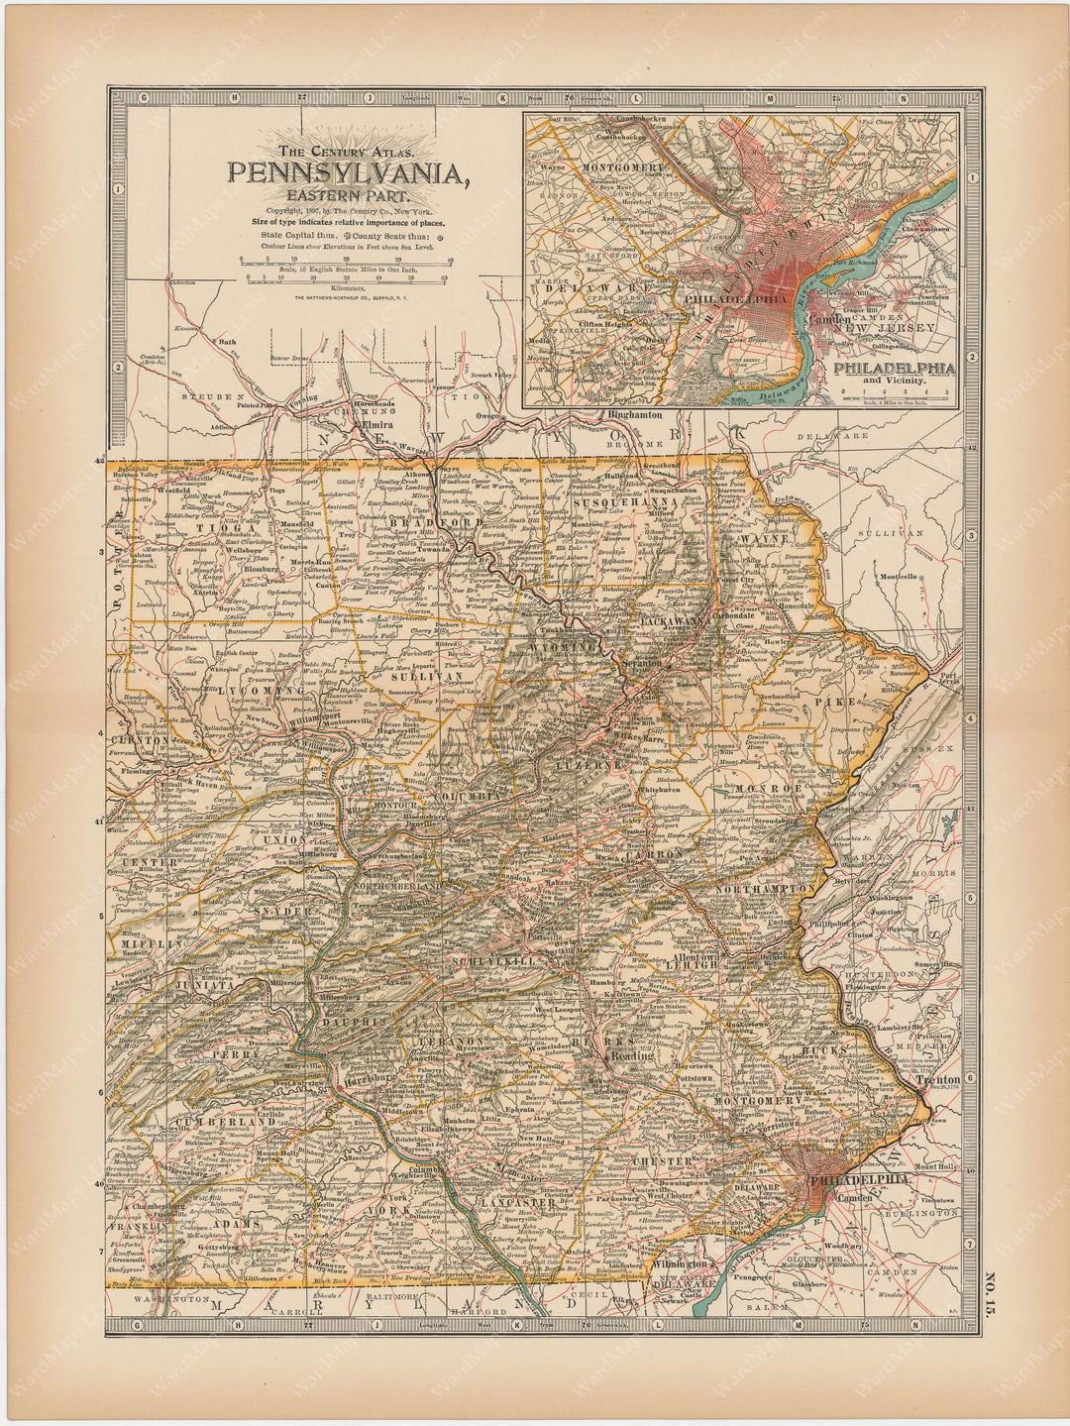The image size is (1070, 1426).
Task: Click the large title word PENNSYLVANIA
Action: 348,173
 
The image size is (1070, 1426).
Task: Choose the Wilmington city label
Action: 679,1263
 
